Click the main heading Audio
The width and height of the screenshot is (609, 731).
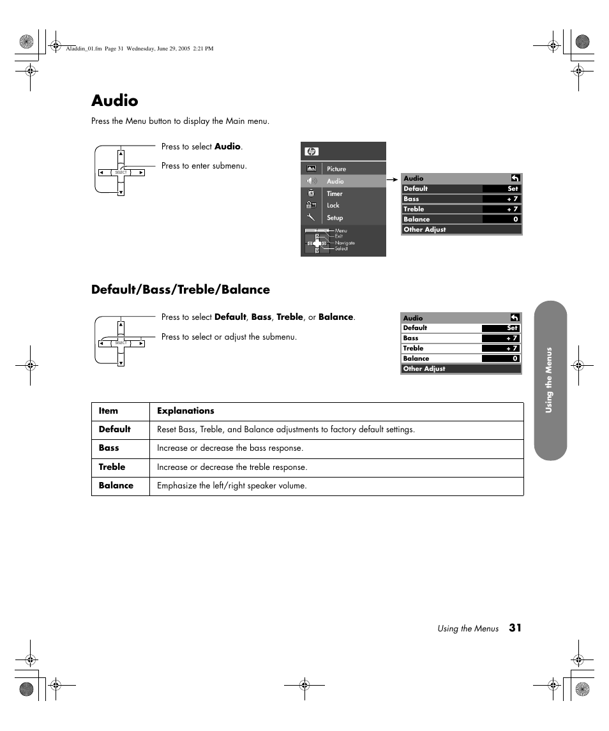[x=114, y=101]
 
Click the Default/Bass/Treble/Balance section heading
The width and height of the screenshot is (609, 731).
[x=180, y=290]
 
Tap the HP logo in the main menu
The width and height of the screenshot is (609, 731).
[x=312, y=151]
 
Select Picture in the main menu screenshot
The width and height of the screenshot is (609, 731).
[x=336, y=169]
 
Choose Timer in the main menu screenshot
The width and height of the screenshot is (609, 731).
[x=335, y=193]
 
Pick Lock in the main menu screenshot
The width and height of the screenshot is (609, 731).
[x=333, y=206]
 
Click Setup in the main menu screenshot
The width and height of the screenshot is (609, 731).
[x=335, y=218]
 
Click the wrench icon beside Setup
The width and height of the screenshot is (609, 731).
[x=311, y=217]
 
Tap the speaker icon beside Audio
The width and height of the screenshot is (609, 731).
[x=312, y=181]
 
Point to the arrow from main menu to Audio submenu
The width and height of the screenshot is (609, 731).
[x=393, y=181]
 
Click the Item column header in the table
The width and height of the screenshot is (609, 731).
[x=109, y=411]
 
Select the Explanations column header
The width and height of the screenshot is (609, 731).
[x=186, y=411]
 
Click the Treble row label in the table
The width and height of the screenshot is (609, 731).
[x=112, y=467]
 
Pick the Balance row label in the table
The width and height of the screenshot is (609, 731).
[x=116, y=486]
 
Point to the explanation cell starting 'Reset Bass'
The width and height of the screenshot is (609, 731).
[x=286, y=430]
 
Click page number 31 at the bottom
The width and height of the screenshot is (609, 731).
[x=515, y=628]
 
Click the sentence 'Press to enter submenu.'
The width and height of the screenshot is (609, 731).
[x=204, y=166]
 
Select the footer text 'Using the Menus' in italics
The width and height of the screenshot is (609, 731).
[x=468, y=629]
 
